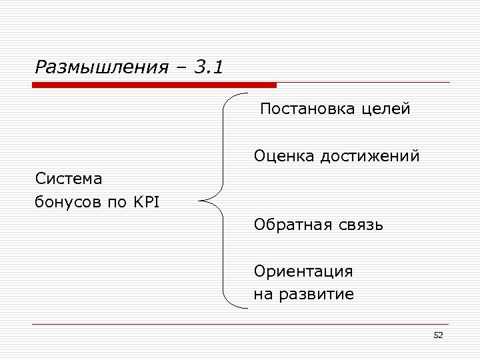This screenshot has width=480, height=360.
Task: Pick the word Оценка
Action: tap(284, 157)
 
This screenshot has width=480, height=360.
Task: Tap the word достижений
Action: tap(370, 157)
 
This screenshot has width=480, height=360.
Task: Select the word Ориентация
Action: tap(303, 272)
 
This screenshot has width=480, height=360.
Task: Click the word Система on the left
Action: tap(69, 179)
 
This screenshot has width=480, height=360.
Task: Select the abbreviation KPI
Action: tap(145, 201)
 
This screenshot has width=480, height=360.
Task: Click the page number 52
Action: tap(438, 335)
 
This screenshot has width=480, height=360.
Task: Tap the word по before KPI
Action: tap(117, 202)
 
